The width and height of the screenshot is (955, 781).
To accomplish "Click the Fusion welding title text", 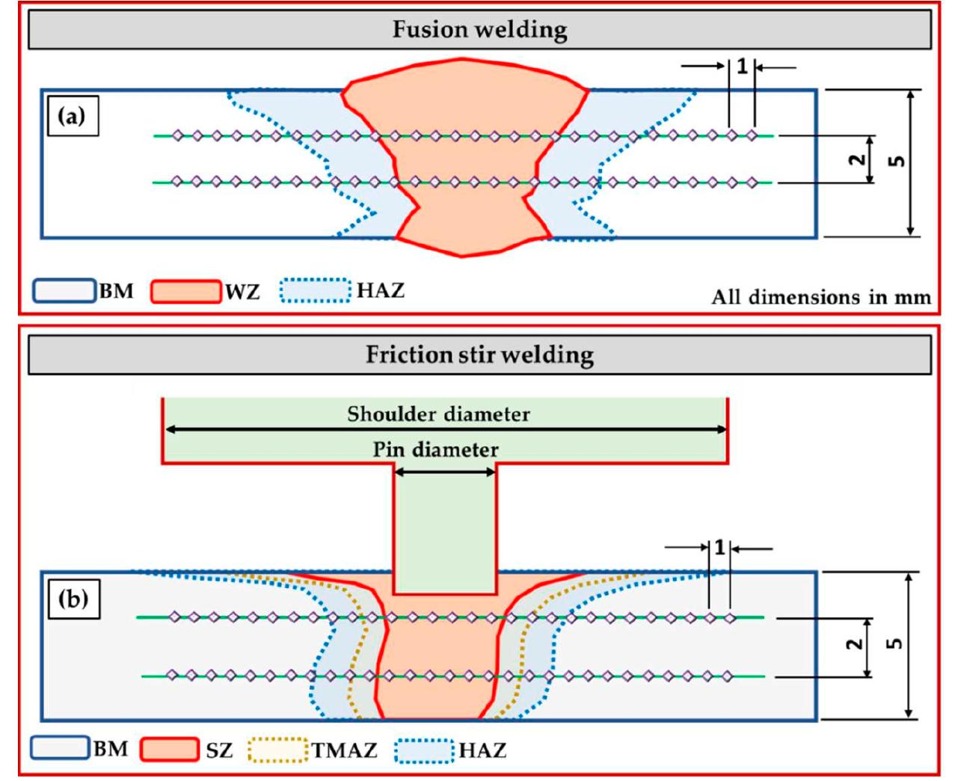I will pyautogui.click(x=479, y=30).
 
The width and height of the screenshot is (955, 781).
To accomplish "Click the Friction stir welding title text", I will pyautogui.click(x=479, y=354).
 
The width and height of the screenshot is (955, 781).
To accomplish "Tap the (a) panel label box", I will pyautogui.click(x=73, y=116).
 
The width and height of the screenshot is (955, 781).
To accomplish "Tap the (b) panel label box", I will pyautogui.click(x=73, y=599).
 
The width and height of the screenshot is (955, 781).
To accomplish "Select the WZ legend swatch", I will pyautogui.click(x=185, y=291).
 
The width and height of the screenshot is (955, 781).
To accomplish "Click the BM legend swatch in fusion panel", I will pyautogui.click(x=65, y=291).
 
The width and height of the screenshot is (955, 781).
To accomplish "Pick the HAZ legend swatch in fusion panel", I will pyautogui.click(x=315, y=291).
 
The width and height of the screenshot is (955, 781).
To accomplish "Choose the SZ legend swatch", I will pyautogui.click(x=170, y=750).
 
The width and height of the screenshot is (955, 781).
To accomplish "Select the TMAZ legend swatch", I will pyautogui.click(x=277, y=750).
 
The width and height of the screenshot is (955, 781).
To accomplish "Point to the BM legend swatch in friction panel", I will pyautogui.click(x=60, y=748).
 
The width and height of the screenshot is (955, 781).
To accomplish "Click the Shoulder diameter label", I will pyautogui.click(x=438, y=414).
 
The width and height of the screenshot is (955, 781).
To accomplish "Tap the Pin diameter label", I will pyautogui.click(x=435, y=450).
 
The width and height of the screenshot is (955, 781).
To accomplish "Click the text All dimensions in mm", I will pyautogui.click(x=820, y=297).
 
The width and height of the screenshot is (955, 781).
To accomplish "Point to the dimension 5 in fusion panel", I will pyautogui.click(x=898, y=160).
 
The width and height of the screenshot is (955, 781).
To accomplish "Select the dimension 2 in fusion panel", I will pyautogui.click(x=858, y=159).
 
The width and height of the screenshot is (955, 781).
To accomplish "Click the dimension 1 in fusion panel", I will pyautogui.click(x=742, y=67).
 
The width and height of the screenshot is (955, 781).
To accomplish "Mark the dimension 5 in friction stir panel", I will pyautogui.click(x=894, y=643).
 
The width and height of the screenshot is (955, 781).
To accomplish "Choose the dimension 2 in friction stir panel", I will pyautogui.click(x=855, y=643).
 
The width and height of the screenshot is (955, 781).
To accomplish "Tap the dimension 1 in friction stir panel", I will pyautogui.click(x=719, y=548).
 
